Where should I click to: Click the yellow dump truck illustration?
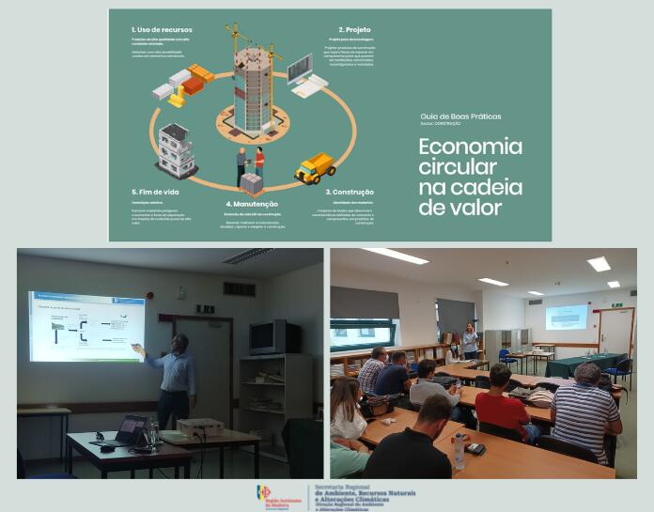point(315,167)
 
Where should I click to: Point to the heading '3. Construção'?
point(349,191)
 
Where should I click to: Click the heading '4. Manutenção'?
point(251,204)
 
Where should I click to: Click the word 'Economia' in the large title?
point(470,147)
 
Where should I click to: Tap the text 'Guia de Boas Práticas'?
point(460,116)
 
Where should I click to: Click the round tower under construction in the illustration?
point(252,89)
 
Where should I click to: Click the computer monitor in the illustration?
point(300,68)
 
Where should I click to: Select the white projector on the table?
point(200,427)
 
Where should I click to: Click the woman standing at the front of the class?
point(470,340)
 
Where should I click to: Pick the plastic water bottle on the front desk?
point(458,450)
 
